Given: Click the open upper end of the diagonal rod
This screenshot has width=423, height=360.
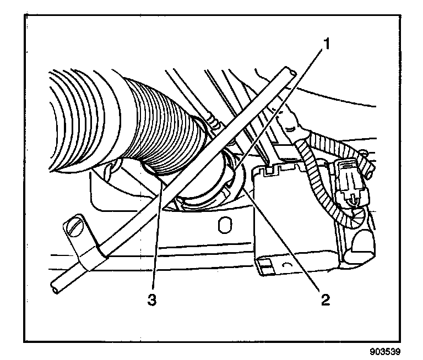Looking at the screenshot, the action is [x=290, y=70].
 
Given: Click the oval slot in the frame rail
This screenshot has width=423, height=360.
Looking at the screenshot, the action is [x=223, y=226].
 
